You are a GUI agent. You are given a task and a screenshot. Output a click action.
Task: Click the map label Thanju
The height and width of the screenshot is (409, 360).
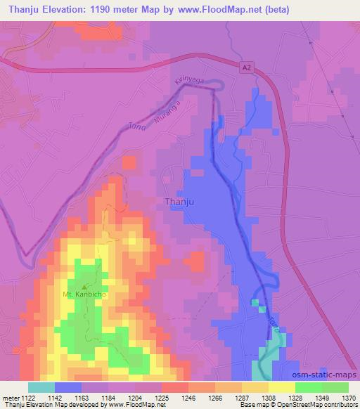179,202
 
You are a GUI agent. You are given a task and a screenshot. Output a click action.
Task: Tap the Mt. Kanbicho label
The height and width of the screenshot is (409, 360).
84,294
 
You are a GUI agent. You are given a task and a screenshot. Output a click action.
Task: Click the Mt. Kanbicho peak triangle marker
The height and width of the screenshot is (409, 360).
85,286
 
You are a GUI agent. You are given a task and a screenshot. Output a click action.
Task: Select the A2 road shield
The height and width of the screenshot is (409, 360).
245,67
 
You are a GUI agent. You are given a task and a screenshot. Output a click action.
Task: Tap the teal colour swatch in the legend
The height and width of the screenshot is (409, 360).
41,387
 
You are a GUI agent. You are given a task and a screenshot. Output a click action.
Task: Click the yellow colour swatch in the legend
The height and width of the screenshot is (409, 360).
281,387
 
